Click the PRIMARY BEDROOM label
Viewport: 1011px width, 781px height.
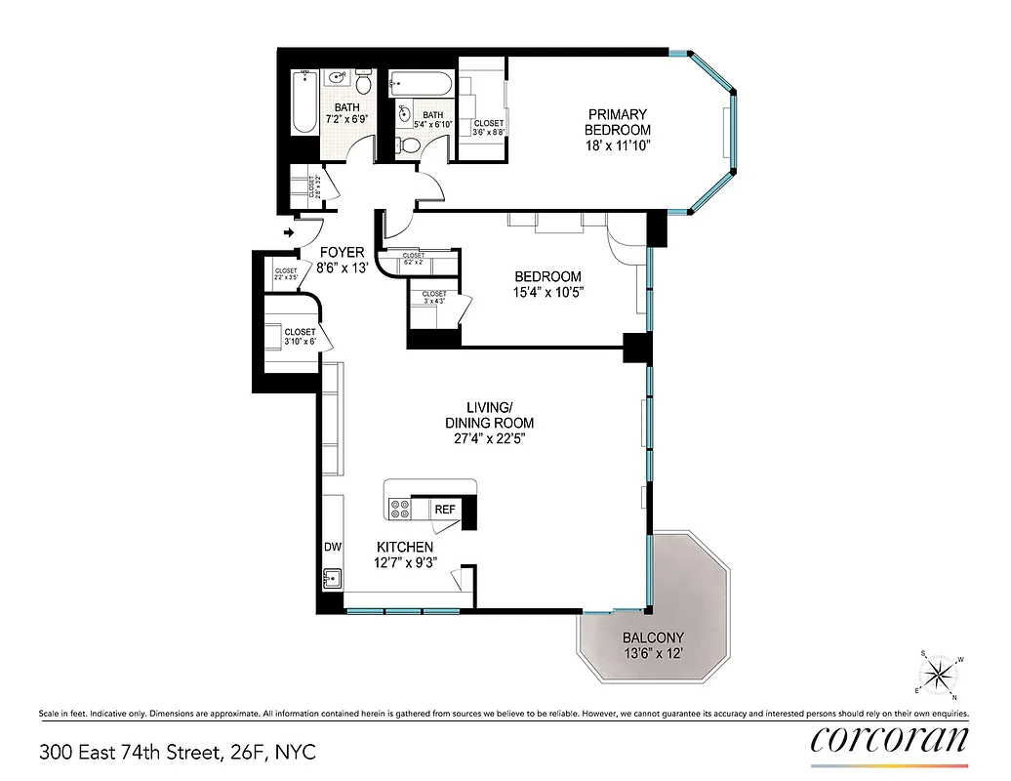617,122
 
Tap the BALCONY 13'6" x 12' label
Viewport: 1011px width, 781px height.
654,645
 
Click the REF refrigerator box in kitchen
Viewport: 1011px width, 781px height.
445,509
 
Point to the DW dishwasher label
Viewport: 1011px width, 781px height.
333,548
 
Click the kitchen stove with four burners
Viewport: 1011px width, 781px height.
400,508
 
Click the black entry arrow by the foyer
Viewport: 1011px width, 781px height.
289,233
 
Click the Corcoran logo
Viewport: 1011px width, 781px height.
889,739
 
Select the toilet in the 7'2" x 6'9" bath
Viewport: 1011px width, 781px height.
364,83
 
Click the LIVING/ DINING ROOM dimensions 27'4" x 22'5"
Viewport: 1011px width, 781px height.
485,438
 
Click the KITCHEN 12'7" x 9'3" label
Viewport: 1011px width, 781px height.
405,554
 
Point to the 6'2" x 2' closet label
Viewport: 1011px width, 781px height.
413,259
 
